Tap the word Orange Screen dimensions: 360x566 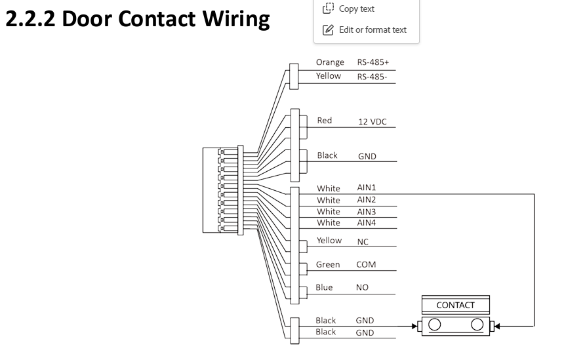click(x=329, y=62)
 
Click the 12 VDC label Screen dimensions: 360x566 click(x=372, y=121)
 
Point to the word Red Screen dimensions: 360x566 click(x=324, y=121)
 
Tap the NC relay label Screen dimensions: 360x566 click(x=363, y=241)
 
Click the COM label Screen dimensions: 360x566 click(x=365, y=265)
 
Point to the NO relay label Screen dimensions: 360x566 click(x=362, y=288)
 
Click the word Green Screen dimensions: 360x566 click(x=328, y=265)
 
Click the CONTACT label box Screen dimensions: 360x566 click(x=456, y=305)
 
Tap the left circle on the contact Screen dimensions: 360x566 click(x=435, y=325)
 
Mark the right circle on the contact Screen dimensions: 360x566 click(x=477, y=325)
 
